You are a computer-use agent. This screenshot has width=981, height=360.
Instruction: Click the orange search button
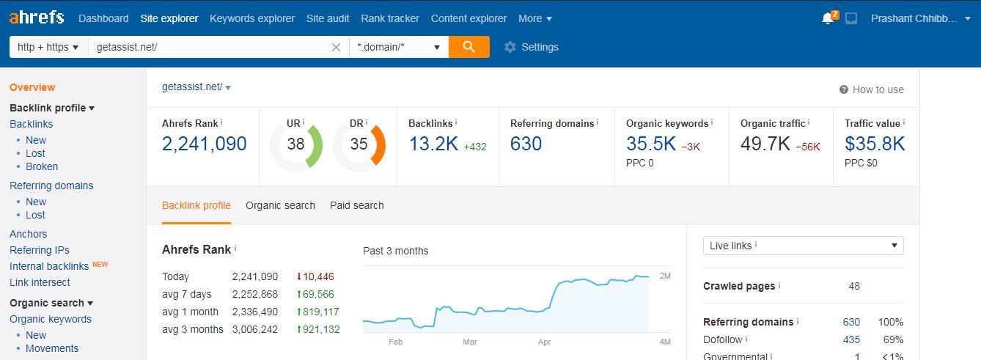[469, 47]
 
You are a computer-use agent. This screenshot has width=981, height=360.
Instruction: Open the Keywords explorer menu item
[252, 18]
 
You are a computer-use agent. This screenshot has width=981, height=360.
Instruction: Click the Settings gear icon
[510, 47]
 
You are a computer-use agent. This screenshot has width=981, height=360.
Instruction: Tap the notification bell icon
[828, 18]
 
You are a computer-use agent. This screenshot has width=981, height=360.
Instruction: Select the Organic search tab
[280, 205]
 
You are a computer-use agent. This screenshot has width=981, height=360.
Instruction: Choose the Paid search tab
[356, 205]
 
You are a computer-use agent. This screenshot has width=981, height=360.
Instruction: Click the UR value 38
[295, 144]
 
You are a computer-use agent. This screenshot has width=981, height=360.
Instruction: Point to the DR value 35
[359, 144]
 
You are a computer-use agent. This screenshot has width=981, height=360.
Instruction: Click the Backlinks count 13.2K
[433, 144]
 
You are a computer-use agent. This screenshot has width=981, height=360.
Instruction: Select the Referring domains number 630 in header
[526, 144]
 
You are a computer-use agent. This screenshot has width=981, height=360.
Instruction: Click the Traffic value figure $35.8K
[875, 144]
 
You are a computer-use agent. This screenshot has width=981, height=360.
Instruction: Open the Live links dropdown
[803, 246]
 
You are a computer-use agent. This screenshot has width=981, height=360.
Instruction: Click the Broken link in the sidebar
[42, 166]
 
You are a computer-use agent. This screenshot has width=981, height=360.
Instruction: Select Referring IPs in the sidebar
[40, 250]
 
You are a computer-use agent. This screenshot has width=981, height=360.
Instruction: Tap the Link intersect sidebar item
[40, 282]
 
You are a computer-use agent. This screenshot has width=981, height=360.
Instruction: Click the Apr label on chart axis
[544, 342]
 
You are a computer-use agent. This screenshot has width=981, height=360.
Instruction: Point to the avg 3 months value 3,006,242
[255, 329]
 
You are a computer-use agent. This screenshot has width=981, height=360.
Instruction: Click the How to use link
[878, 89]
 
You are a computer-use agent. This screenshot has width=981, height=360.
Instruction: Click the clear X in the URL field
[336, 47]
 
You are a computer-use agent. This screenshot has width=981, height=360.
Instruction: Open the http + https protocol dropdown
[48, 47]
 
